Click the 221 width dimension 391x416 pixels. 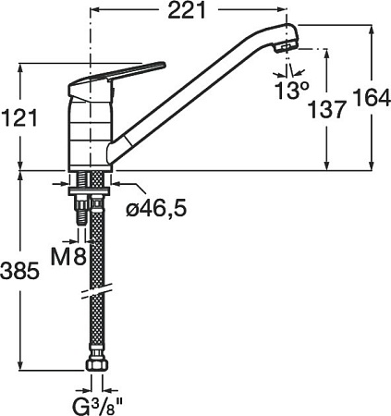187,11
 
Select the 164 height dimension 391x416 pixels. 372,97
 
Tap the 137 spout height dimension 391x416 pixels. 326,109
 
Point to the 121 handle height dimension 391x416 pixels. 19,117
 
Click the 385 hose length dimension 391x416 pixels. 20,271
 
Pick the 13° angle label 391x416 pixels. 291,91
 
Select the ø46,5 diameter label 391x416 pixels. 156,209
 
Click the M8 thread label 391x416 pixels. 68,256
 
